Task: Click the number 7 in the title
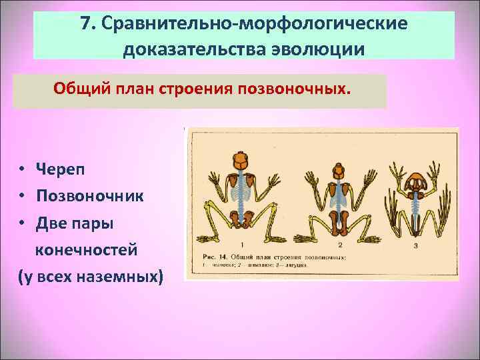click(x=85, y=24)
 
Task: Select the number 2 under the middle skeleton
click(x=340, y=245)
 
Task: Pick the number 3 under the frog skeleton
click(x=415, y=246)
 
